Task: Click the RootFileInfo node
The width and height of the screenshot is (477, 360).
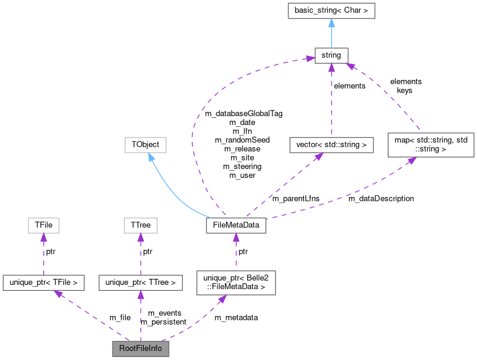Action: [x=140, y=348]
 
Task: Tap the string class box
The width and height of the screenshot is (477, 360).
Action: [x=331, y=55]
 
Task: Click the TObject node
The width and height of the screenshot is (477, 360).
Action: [x=145, y=145]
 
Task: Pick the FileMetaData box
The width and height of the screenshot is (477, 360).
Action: [x=236, y=225]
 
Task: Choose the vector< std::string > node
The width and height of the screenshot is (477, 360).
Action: [x=331, y=145]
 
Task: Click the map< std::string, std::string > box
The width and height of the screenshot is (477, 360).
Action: [x=430, y=145]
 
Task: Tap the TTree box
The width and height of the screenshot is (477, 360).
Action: [x=140, y=225]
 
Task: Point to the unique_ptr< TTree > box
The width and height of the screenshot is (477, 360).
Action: [x=140, y=281]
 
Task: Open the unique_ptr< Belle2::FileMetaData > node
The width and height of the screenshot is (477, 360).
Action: [x=236, y=281]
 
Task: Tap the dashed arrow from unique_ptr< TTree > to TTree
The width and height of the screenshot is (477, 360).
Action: [x=140, y=253]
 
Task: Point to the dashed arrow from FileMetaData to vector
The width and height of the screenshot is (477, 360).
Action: [x=283, y=186]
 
